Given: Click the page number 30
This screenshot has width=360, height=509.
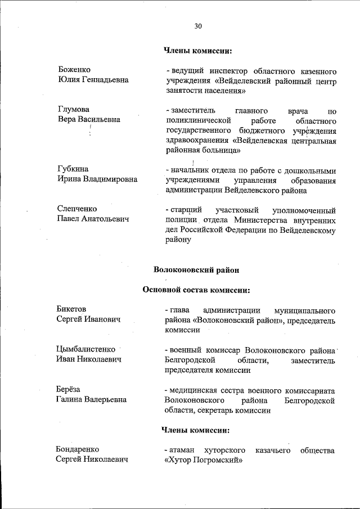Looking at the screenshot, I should [x=197, y=26].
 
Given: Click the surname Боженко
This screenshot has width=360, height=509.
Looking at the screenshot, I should [x=74, y=70].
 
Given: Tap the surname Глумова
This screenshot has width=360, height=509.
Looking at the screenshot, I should [x=74, y=109].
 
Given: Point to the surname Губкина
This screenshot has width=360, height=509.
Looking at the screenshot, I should [x=73, y=169].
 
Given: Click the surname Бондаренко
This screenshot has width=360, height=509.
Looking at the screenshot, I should [x=78, y=450].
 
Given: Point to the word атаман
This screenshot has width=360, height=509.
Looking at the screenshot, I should [x=181, y=451].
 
